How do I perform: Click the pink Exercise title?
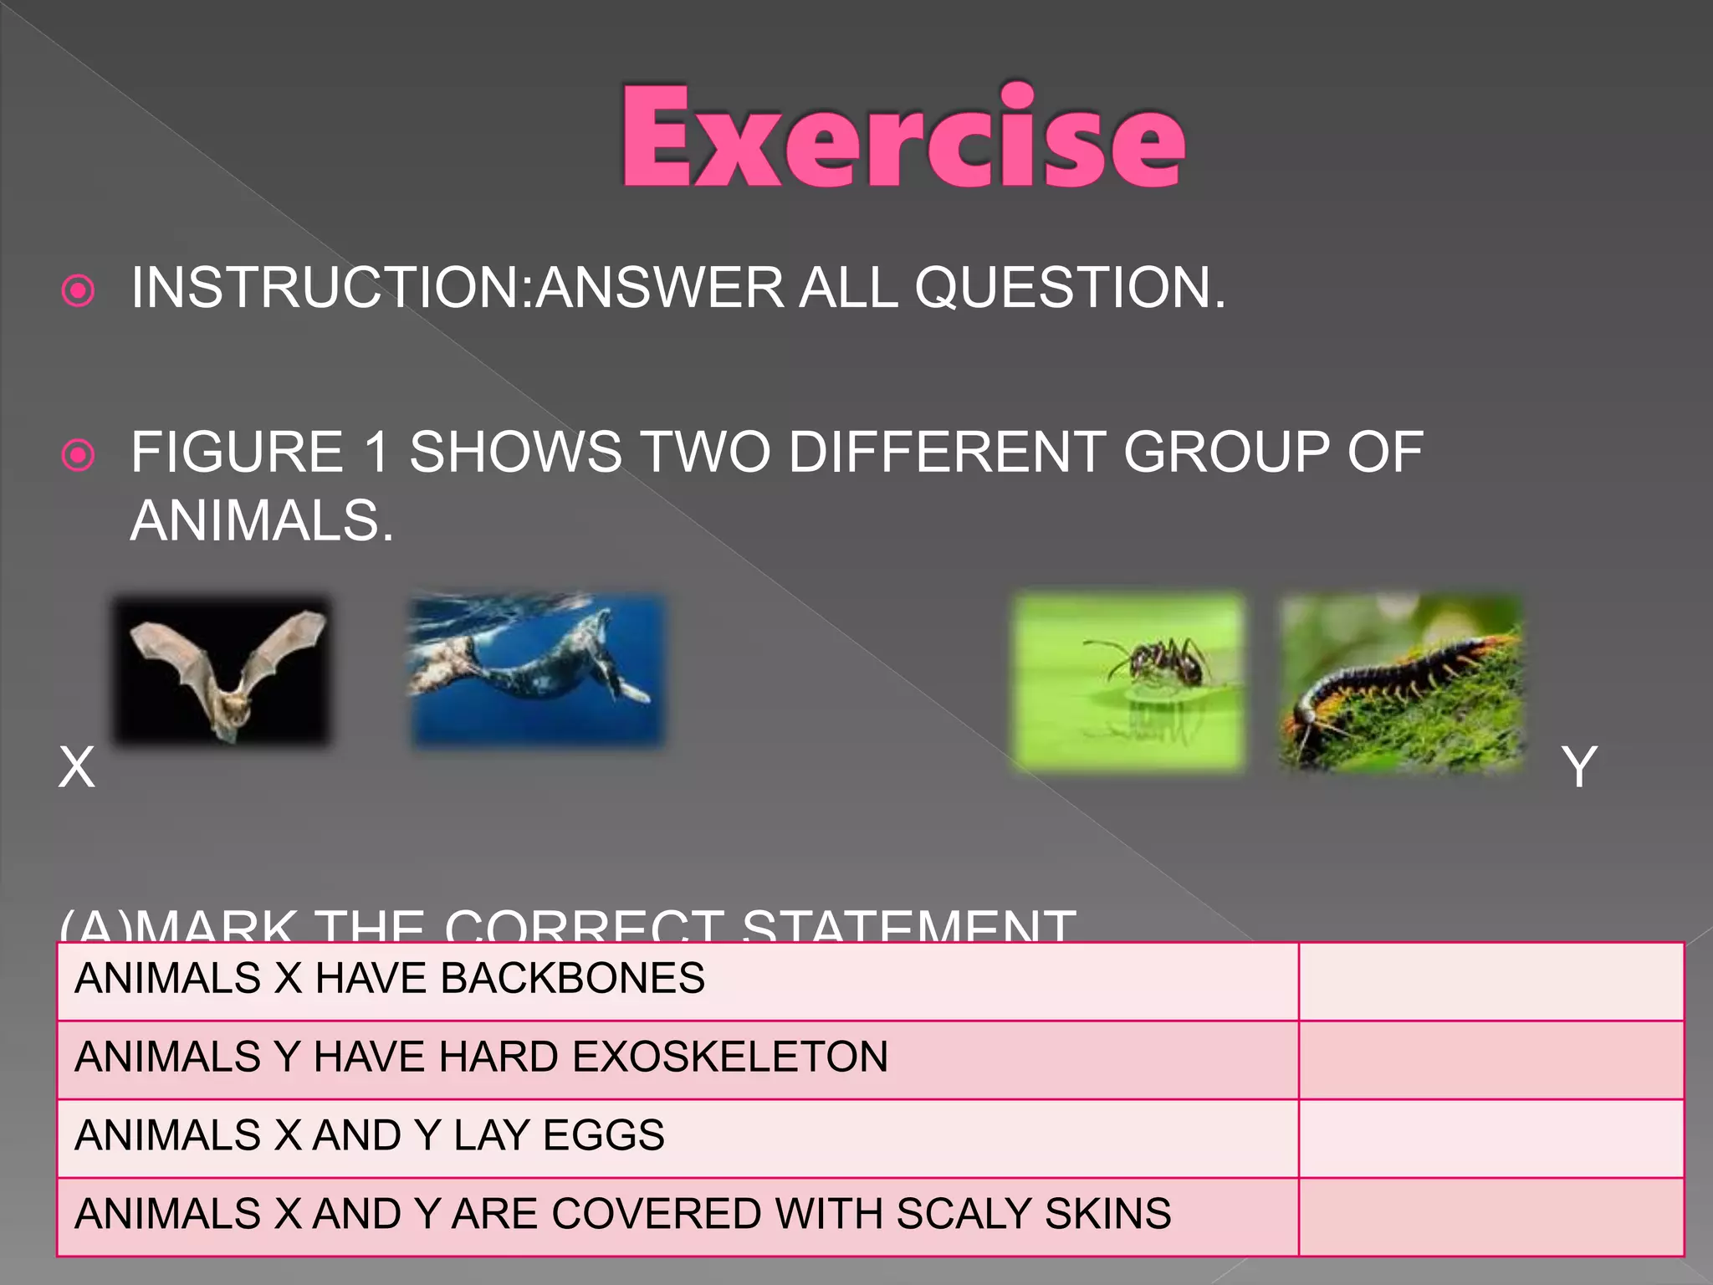(x=903, y=136)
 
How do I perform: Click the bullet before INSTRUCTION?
(x=79, y=291)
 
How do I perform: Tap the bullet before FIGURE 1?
(x=79, y=456)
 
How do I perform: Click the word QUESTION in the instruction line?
(x=1069, y=288)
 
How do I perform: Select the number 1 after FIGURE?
(x=377, y=453)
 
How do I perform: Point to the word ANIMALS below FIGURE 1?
(x=261, y=521)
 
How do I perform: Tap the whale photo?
(x=537, y=670)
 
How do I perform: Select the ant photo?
(x=1128, y=681)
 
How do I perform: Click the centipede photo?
(x=1401, y=681)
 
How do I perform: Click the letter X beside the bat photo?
(x=77, y=767)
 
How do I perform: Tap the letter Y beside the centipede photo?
(x=1579, y=767)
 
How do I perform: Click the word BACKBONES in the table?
(x=572, y=978)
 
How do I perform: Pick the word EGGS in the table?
(x=603, y=1135)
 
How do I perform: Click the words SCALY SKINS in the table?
(x=1033, y=1214)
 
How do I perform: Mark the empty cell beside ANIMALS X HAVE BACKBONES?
(x=1491, y=980)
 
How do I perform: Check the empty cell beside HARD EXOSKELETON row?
(x=1491, y=1059)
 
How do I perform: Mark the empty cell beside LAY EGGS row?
(x=1491, y=1138)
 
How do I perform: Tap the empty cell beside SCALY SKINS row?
(x=1491, y=1216)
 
